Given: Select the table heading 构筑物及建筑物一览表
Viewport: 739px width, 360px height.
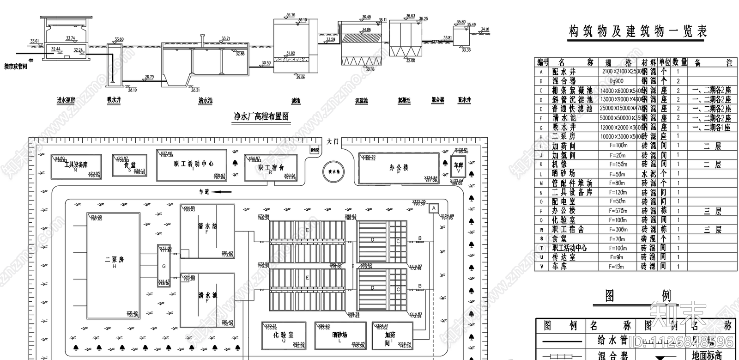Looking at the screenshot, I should [638, 31].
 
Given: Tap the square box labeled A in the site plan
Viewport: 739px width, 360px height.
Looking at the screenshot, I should [433, 208].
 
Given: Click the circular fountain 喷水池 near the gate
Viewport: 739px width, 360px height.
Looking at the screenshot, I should [333, 171].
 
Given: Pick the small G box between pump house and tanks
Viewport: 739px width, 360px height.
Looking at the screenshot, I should [164, 266].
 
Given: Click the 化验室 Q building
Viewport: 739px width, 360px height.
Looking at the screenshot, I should [283, 335].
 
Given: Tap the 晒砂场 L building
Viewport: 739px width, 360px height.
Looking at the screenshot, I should [339, 335].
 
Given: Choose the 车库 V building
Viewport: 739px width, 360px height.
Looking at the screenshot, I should [458, 167].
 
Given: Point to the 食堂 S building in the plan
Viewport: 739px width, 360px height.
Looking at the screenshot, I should [129, 165].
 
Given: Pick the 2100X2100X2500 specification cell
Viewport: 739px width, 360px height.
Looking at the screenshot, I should [622, 72].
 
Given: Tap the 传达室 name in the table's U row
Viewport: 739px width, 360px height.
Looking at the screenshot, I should [563, 257].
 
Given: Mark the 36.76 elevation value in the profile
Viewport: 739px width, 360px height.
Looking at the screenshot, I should [290, 15].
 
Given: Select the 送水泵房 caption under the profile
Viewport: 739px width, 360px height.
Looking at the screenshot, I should [66, 100].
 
